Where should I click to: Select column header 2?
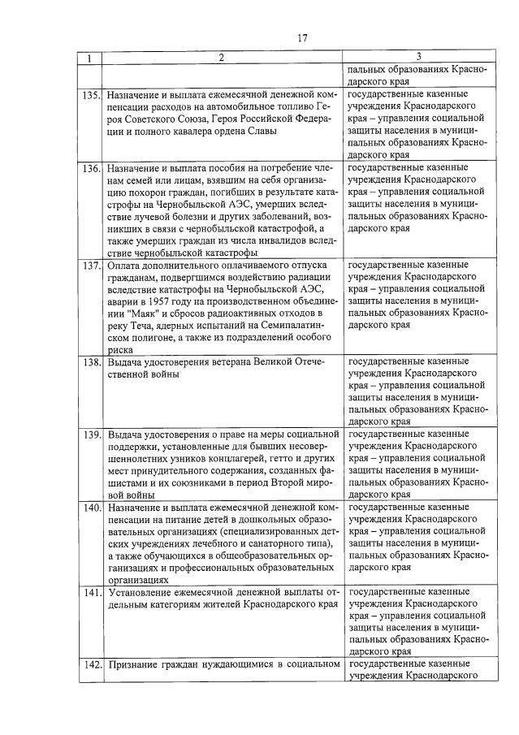221,58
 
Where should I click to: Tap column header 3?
417,58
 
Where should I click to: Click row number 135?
91,94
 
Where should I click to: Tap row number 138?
91,362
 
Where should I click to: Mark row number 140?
91,508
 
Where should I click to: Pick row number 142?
91,665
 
